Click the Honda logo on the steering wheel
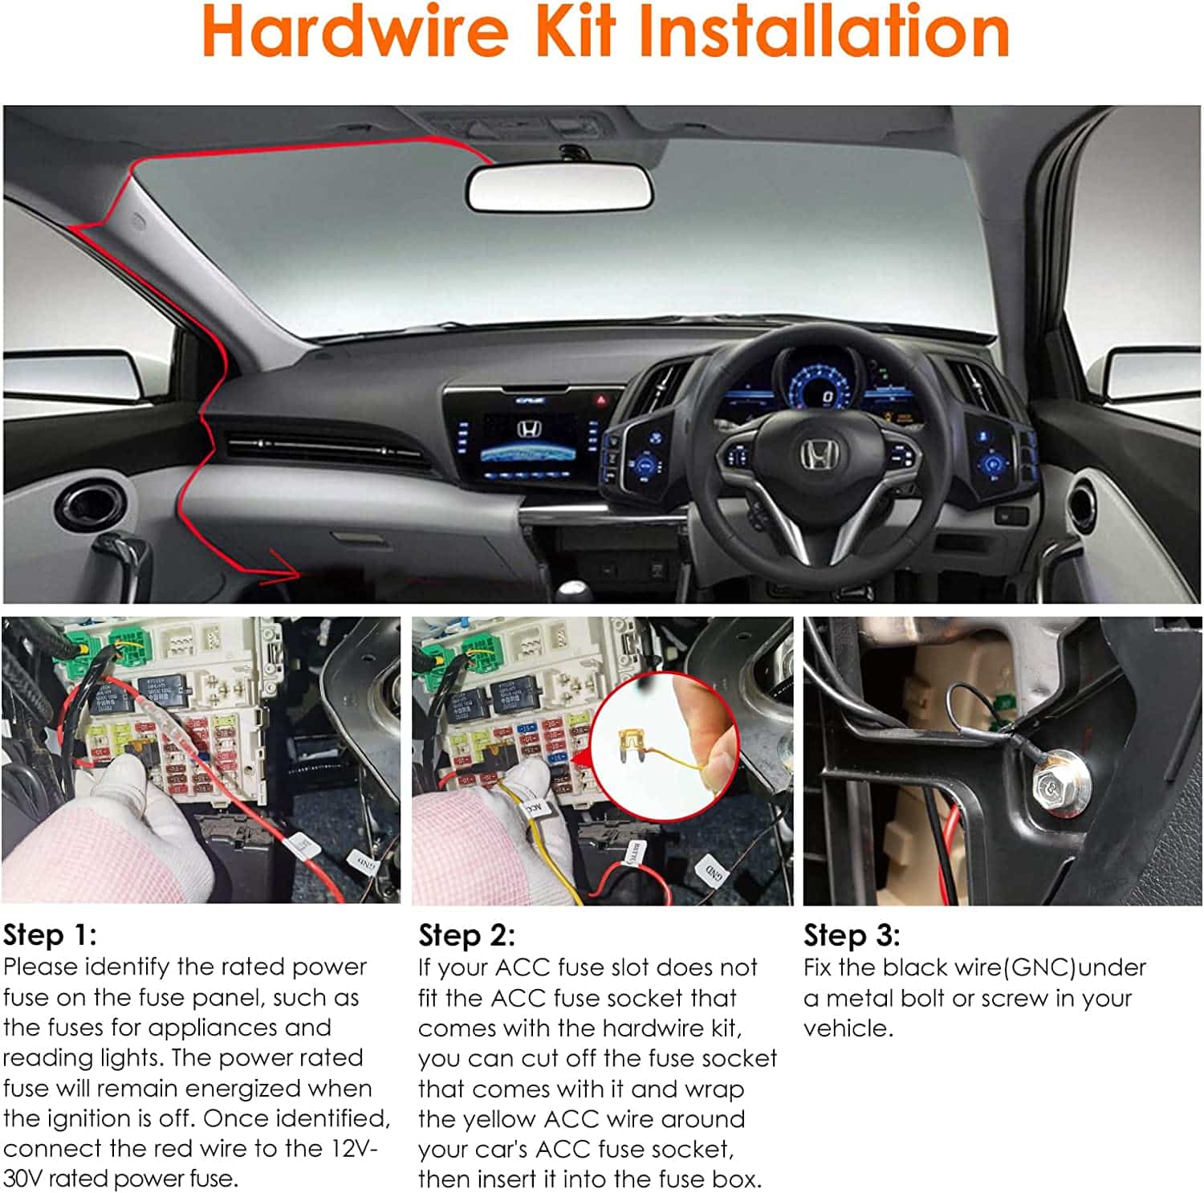click(x=817, y=455)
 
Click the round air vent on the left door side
click(x=91, y=505)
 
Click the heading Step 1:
click(x=50, y=935)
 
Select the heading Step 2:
click(x=466, y=935)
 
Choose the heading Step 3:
click(x=852, y=935)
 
